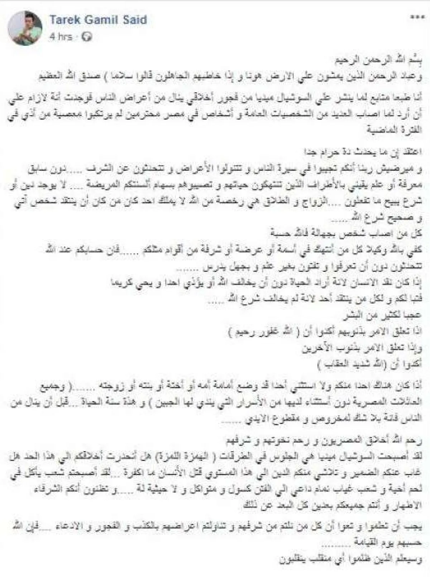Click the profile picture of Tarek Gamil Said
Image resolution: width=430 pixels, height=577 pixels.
tap(25, 28)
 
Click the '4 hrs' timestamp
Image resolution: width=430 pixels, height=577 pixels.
tap(61, 37)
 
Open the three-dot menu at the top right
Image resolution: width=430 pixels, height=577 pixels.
tap(417, 18)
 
